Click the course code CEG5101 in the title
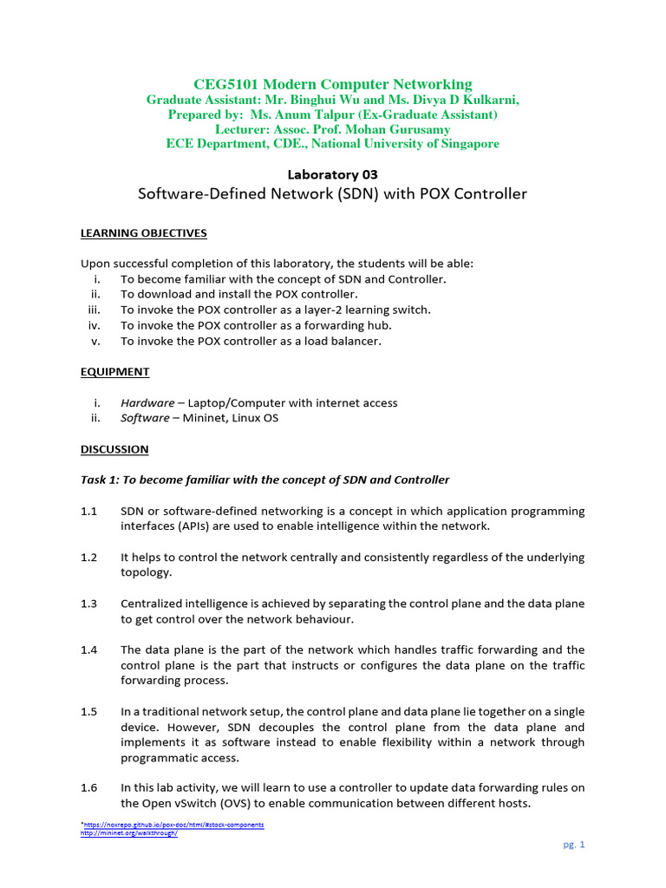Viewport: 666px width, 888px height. [x=224, y=84]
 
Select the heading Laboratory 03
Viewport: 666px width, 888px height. [x=333, y=174]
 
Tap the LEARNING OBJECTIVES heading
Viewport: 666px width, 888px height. [x=144, y=233]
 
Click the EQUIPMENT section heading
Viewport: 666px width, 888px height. [x=114, y=372]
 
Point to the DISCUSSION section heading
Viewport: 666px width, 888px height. [x=114, y=449]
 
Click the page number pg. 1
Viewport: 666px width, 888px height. [x=574, y=845]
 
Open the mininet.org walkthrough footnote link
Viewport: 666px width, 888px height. [x=128, y=833]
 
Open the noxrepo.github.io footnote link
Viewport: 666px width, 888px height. [x=173, y=825]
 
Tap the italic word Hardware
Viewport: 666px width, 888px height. [x=147, y=403]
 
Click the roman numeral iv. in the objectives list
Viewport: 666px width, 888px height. [x=95, y=326]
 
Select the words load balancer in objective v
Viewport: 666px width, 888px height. [x=345, y=342]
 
